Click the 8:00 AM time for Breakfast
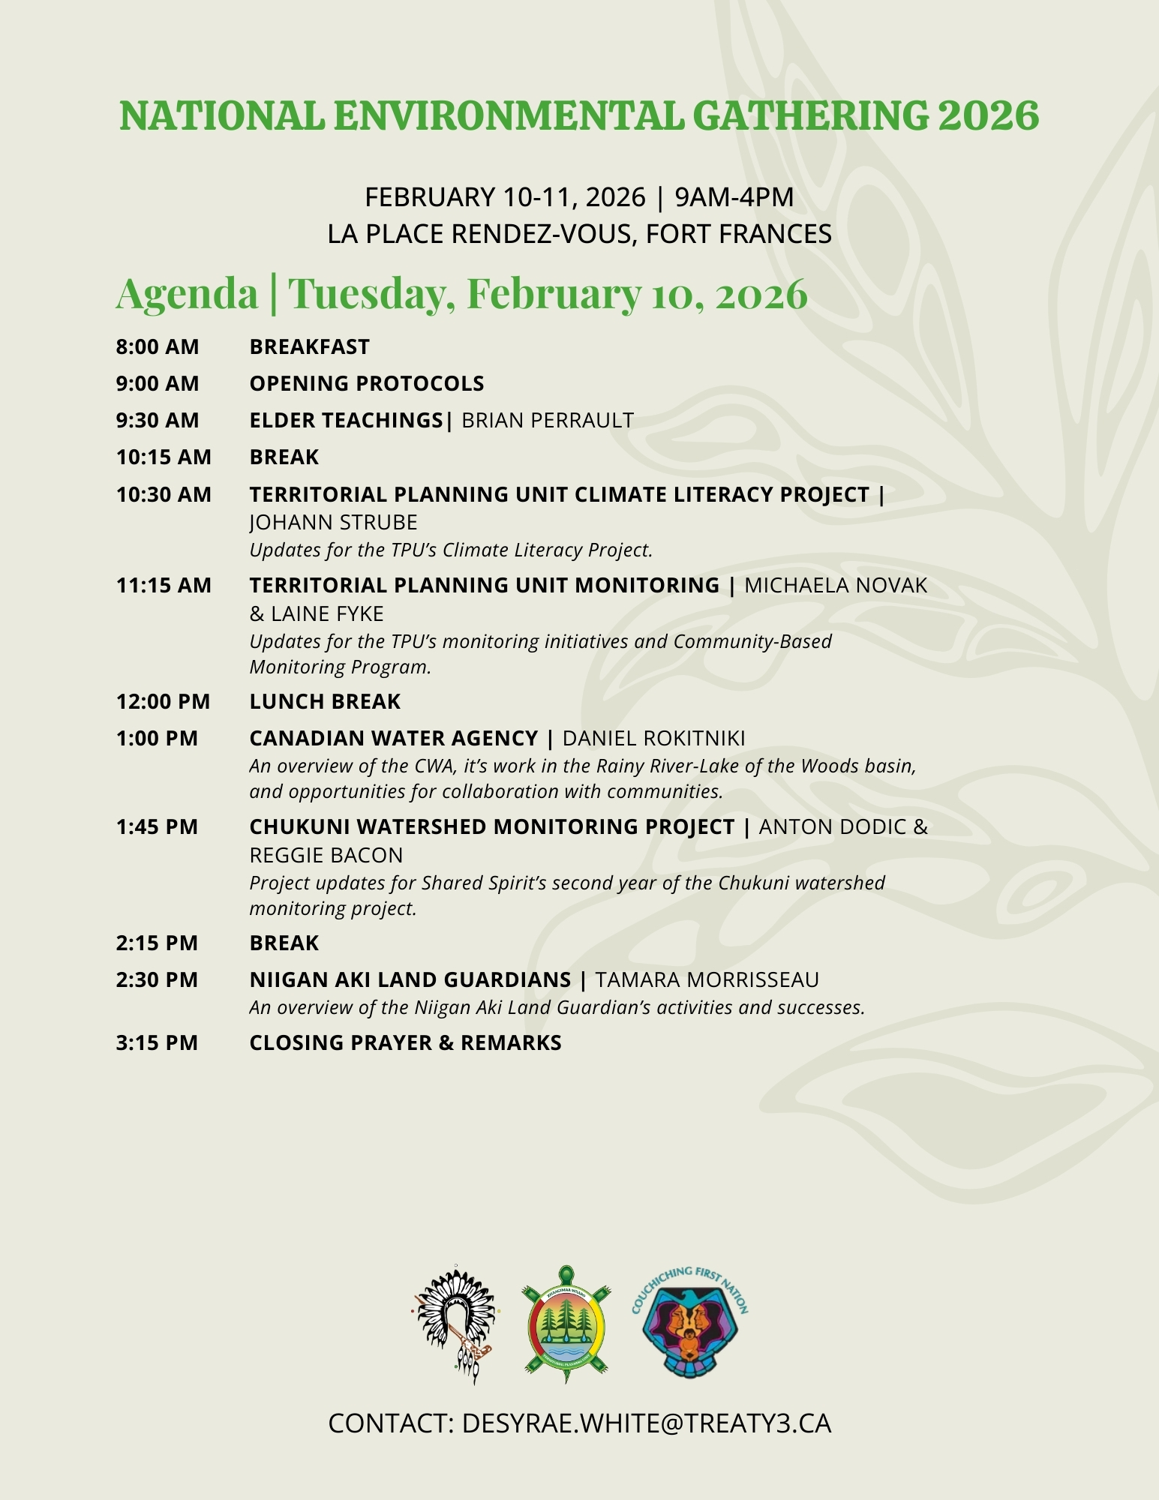(158, 347)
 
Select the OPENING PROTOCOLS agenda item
(366, 384)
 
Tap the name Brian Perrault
(548, 421)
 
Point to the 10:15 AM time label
(164, 457)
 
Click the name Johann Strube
(333, 523)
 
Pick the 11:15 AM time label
(164, 586)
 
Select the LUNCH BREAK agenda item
(325, 702)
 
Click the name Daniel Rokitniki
(653, 739)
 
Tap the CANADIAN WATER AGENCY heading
(393, 739)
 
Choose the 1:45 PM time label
(157, 827)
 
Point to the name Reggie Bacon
(326, 856)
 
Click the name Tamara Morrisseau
(707, 980)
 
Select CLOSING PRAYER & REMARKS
(405, 1043)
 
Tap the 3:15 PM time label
(157, 1043)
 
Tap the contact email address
(646, 1423)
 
